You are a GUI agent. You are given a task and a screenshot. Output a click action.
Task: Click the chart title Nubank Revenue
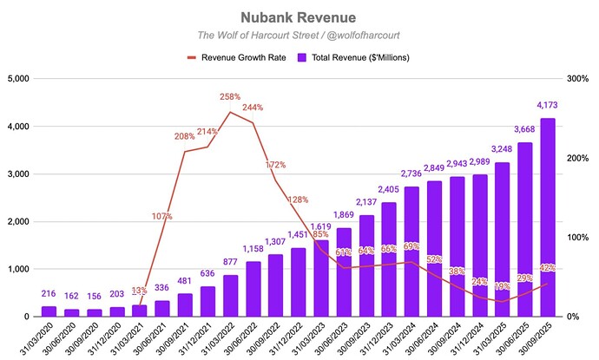[x=299, y=17]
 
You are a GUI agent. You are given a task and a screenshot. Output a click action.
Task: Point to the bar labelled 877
[x=231, y=296]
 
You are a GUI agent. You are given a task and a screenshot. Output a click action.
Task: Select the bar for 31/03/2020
[x=49, y=311]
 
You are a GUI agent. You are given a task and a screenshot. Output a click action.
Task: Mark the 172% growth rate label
[x=275, y=164]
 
